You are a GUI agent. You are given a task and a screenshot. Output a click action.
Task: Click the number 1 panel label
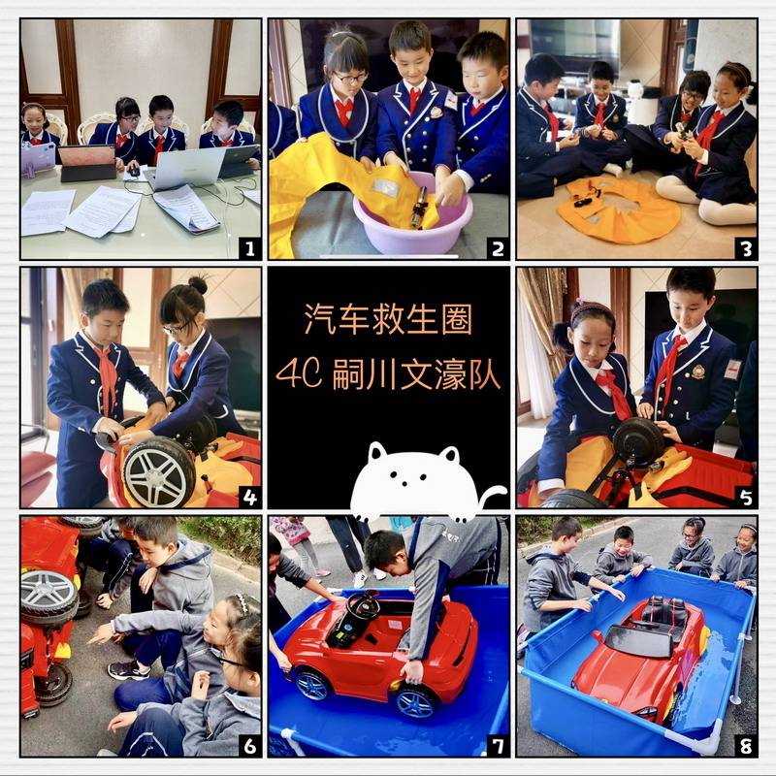pos(250,248)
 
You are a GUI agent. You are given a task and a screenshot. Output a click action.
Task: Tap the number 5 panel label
pos(746,497)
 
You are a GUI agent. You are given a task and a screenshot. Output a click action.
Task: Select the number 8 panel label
pos(746,745)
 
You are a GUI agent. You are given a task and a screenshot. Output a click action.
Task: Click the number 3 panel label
pos(746,248)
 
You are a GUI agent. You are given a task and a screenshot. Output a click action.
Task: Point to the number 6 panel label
pos(250,745)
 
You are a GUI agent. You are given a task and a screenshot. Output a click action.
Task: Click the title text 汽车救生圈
pos(388,319)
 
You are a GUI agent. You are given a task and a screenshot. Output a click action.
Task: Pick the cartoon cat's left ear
pos(377,451)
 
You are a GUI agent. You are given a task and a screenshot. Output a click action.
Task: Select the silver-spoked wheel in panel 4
pos(159,471)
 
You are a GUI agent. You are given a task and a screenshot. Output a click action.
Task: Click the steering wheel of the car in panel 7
pos(363,605)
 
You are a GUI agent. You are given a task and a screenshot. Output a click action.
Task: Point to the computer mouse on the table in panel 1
pos(134,173)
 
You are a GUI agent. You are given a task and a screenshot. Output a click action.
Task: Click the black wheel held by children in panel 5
pos(638,442)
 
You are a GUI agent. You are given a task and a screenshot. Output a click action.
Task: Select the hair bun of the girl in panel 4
pos(198,284)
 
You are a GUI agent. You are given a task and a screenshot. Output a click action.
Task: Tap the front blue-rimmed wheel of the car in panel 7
pos(416,702)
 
